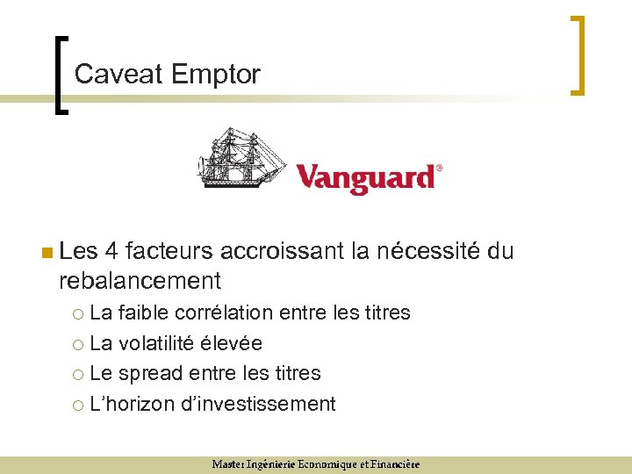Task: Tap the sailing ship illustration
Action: pyautogui.click(x=241, y=158)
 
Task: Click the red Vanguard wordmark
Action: pyautogui.click(x=365, y=176)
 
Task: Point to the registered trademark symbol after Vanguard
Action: pyautogui.click(x=440, y=167)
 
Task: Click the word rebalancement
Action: pyautogui.click(x=140, y=281)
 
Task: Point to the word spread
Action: pyautogui.click(x=149, y=373)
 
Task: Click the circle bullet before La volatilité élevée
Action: pyautogui.click(x=79, y=344)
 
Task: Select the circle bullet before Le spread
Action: pyautogui.click(x=79, y=374)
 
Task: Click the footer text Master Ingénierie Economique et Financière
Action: pyautogui.click(x=315, y=464)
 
